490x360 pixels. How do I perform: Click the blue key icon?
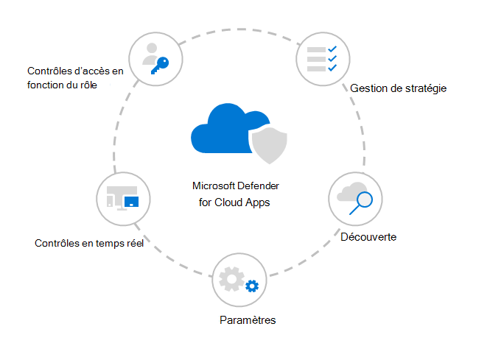(x=161, y=65)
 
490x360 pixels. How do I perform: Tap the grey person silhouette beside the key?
(x=150, y=54)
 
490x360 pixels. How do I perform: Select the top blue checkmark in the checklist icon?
(x=332, y=49)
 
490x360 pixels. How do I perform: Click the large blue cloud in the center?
(x=225, y=130)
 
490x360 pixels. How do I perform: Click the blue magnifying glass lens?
(x=365, y=200)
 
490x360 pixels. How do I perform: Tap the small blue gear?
(x=252, y=286)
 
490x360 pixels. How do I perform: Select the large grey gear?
(x=231, y=279)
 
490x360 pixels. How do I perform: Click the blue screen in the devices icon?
(x=131, y=202)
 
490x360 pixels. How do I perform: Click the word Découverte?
(x=368, y=237)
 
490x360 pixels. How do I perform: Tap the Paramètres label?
(x=248, y=320)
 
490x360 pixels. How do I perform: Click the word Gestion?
(x=368, y=88)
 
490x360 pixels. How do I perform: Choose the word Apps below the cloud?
(x=257, y=203)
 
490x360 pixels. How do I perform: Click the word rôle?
(x=88, y=85)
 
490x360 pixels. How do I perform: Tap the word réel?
(x=134, y=243)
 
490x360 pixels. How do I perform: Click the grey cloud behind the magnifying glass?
(x=349, y=192)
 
